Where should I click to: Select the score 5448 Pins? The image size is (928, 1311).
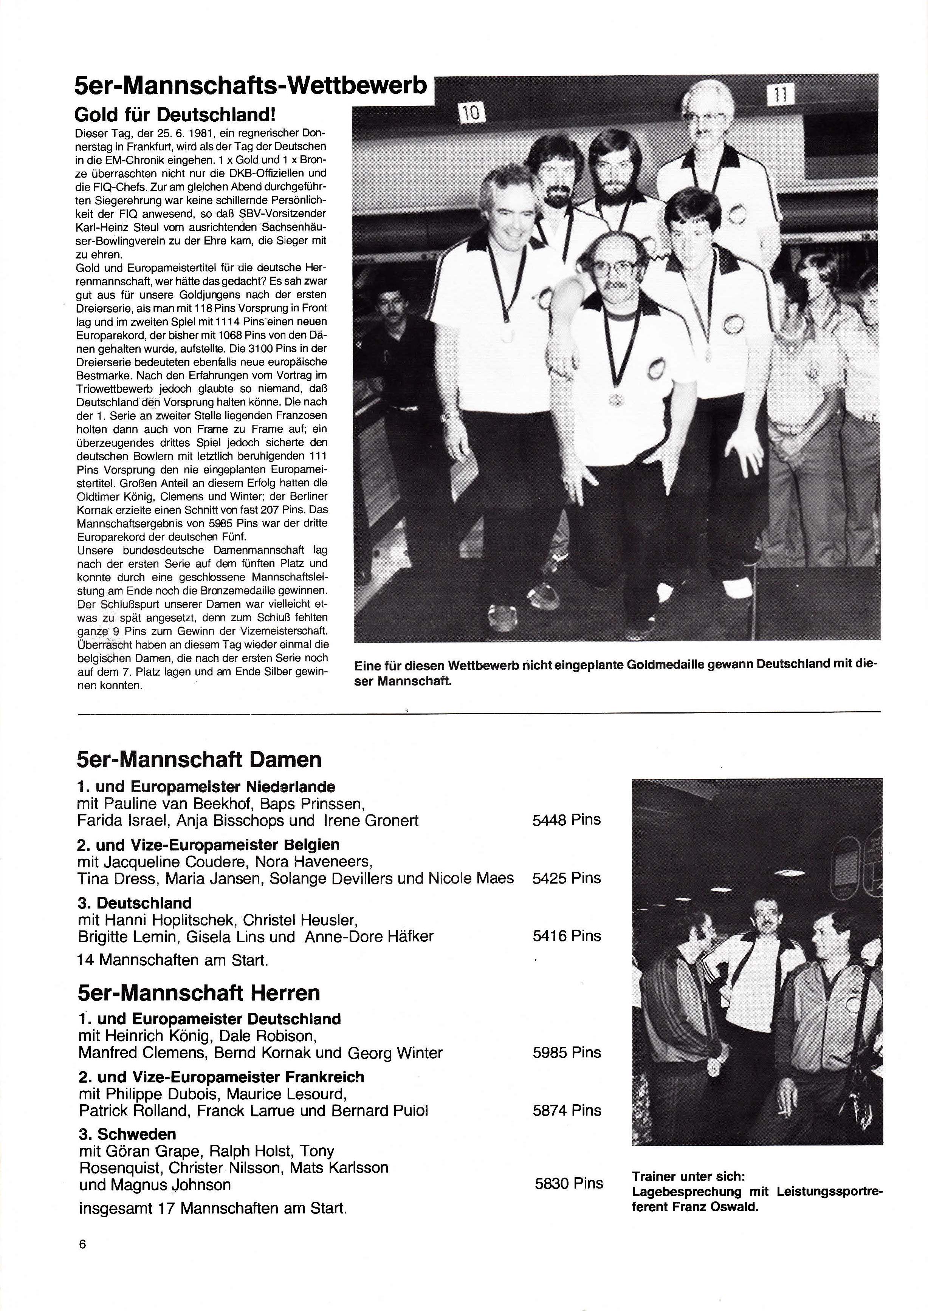pyautogui.click(x=566, y=820)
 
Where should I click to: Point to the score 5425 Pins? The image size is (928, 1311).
pyautogui.click(x=566, y=878)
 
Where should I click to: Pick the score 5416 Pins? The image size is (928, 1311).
pyautogui.click(x=566, y=936)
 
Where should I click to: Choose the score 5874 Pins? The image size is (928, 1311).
pyautogui.click(x=566, y=1110)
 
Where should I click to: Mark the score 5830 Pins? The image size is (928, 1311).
pyautogui.click(x=569, y=1183)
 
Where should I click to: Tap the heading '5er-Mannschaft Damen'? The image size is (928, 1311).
pyautogui.click(x=199, y=760)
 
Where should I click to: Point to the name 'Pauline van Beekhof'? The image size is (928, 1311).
pyautogui.click(x=177, y=804)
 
